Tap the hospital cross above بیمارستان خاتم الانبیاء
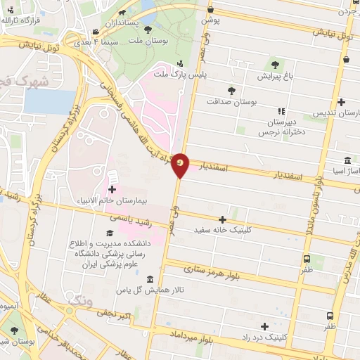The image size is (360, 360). (113, 189)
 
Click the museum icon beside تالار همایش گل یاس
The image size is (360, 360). (151, 278)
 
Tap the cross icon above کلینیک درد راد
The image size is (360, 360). (264, 326)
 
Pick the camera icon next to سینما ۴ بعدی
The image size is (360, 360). (96, 32)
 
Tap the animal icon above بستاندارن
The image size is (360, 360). (122, 13)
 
